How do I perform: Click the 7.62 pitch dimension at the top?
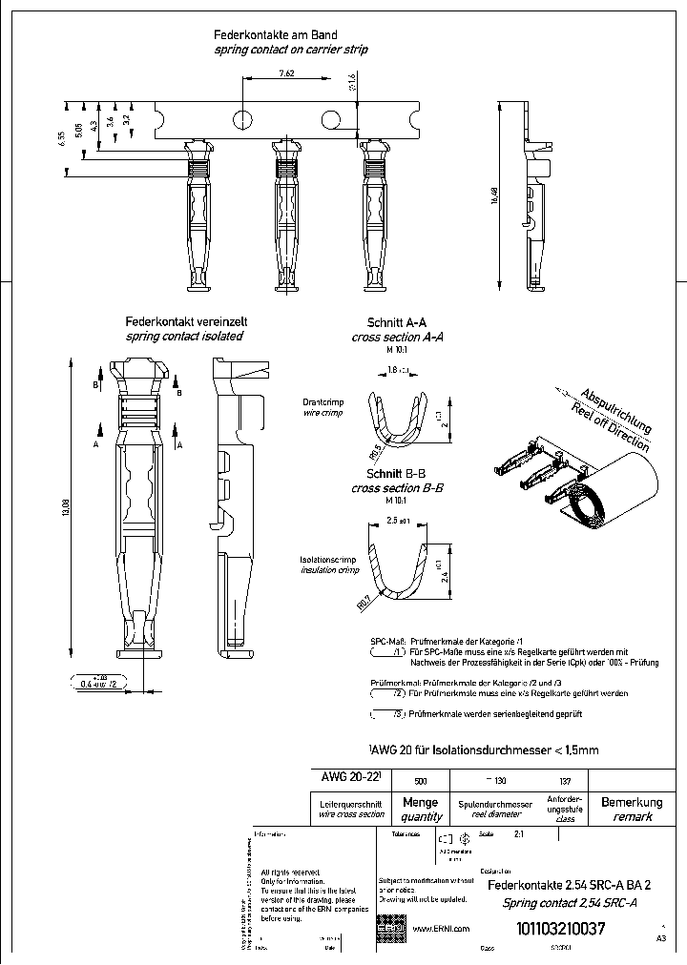286,72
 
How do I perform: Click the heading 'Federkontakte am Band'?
277,34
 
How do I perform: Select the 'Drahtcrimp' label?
323,403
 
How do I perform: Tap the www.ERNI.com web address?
441,928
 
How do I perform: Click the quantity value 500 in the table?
421,780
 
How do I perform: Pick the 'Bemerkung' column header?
632,802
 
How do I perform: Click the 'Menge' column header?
421,803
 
